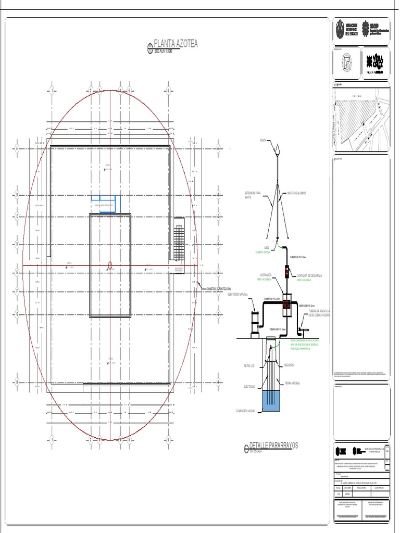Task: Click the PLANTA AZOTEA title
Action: pos(176,44)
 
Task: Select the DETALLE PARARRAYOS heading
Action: pos(273,446)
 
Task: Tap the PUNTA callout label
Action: pos(262,141)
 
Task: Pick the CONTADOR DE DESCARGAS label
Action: pos(309,275)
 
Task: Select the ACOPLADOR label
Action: pos(266,275)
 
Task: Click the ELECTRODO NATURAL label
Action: pos(240,294)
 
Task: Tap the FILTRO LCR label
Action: pos(249,366)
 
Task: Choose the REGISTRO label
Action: pos(289,365)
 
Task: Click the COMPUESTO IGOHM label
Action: pos(247,411)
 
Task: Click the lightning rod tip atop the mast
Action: pos(278,150)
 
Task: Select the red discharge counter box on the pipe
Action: pos(286,271)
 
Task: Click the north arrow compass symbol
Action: pos(348,65)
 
